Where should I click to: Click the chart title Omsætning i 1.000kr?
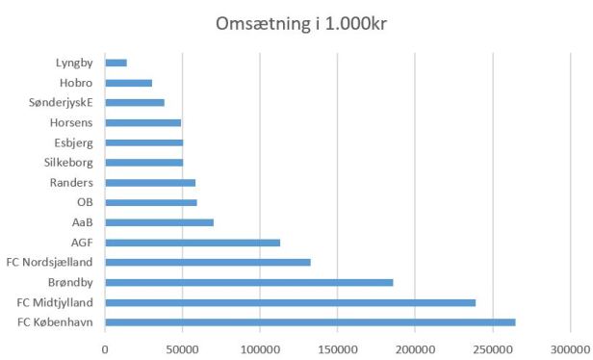tap(296, 22)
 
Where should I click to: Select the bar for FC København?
tap(310, 321)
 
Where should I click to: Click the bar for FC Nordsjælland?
tap(208, 262)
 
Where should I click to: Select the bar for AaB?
tap(159, 222)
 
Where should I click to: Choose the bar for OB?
tap(151, 202)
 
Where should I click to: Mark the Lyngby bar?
tap(116, 63)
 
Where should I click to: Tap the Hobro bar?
tap(128, 83)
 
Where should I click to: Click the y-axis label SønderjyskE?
tap(62, 103)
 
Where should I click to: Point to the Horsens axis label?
tap(70, 122)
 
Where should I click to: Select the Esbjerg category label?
tap(72, 142)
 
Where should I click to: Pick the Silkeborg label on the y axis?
tap(67, 163)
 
